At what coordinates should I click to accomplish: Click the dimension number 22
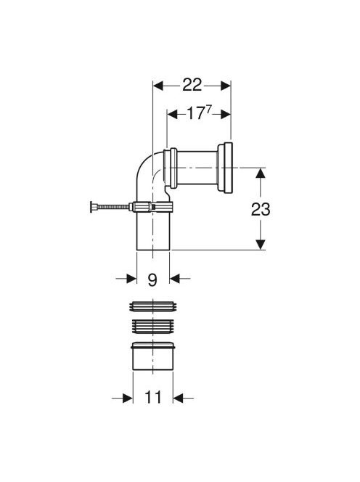[192, 85]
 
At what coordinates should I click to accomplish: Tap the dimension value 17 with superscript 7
[199, 113]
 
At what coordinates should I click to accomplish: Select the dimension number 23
[261, 210]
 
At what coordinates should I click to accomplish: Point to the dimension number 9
[152, 279]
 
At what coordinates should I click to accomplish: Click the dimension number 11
[153, 398]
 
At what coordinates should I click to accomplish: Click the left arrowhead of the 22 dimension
[157, 86]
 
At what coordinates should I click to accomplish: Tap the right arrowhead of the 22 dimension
[226, 86]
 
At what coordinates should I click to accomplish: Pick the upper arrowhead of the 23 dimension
[261, 173]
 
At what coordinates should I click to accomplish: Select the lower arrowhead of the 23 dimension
[261, 245]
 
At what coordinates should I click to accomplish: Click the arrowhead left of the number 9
[131, 279]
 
